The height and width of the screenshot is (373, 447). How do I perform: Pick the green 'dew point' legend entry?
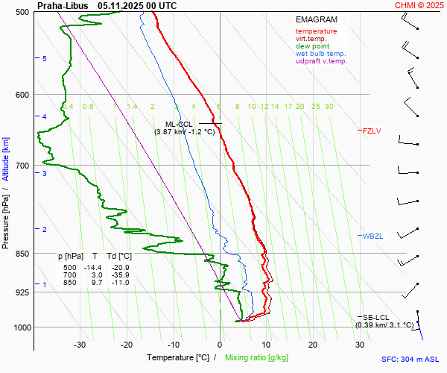[x=313, y=46]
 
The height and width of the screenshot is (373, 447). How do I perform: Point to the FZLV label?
[x=371, y=131]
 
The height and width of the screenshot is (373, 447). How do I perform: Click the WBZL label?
[x=372, y=236]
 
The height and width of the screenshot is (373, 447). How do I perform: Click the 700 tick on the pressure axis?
[x=22, y=166]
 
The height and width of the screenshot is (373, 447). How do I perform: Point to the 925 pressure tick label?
[x=22, y=292]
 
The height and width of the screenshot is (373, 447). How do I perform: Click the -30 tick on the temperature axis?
[x=80, y=345]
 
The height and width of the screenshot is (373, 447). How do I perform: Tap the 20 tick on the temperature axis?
[x=313, y=345]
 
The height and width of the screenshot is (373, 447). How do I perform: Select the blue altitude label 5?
[x=44, y=58]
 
